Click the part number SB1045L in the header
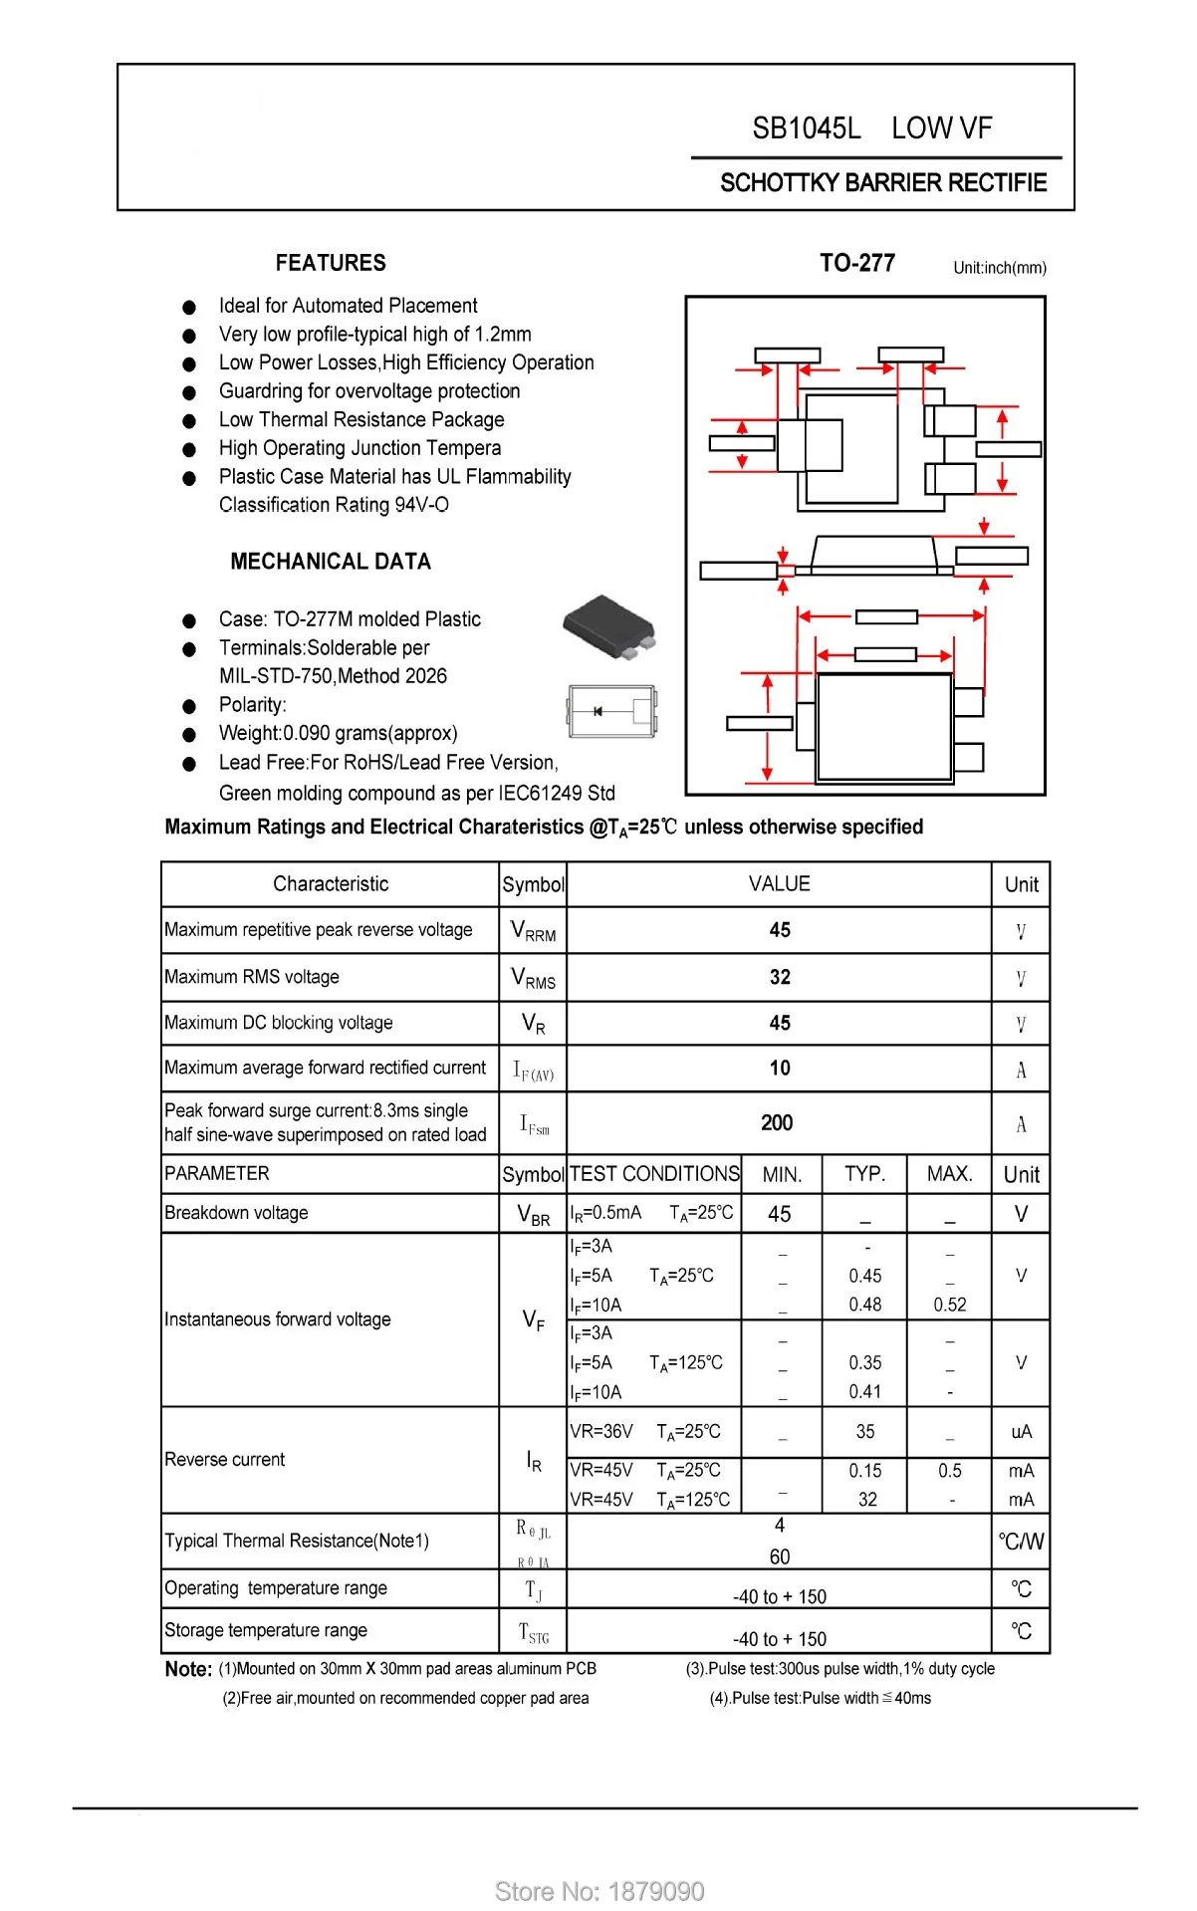click(x=806, y=128)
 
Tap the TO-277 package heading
click(x=856, y=263)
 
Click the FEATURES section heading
click(x=331, y=263)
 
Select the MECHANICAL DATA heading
click(x=331, y=562)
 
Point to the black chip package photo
click(x=608, y=624)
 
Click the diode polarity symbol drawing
click(x=610, y=711)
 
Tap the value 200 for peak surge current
click(x=777, y=1123)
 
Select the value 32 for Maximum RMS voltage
click(x=780, y=977)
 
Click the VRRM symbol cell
click(x=533, y=931)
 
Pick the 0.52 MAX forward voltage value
click(x=950, y=1305)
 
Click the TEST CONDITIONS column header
click(x=654, y=1174)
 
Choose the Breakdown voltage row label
click(x=236, y=1213)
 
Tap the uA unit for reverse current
click(x=1021, y=1432)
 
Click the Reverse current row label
click(x=224, y=1459)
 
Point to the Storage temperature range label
click(x=266, y=1630)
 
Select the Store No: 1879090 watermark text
click(x=599, y=1891)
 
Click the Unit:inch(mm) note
click(x=999, y=268)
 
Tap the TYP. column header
click(x=864, y=1174)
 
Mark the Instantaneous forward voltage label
click(x=277, y=1319)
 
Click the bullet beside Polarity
click(x=189, y=706)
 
